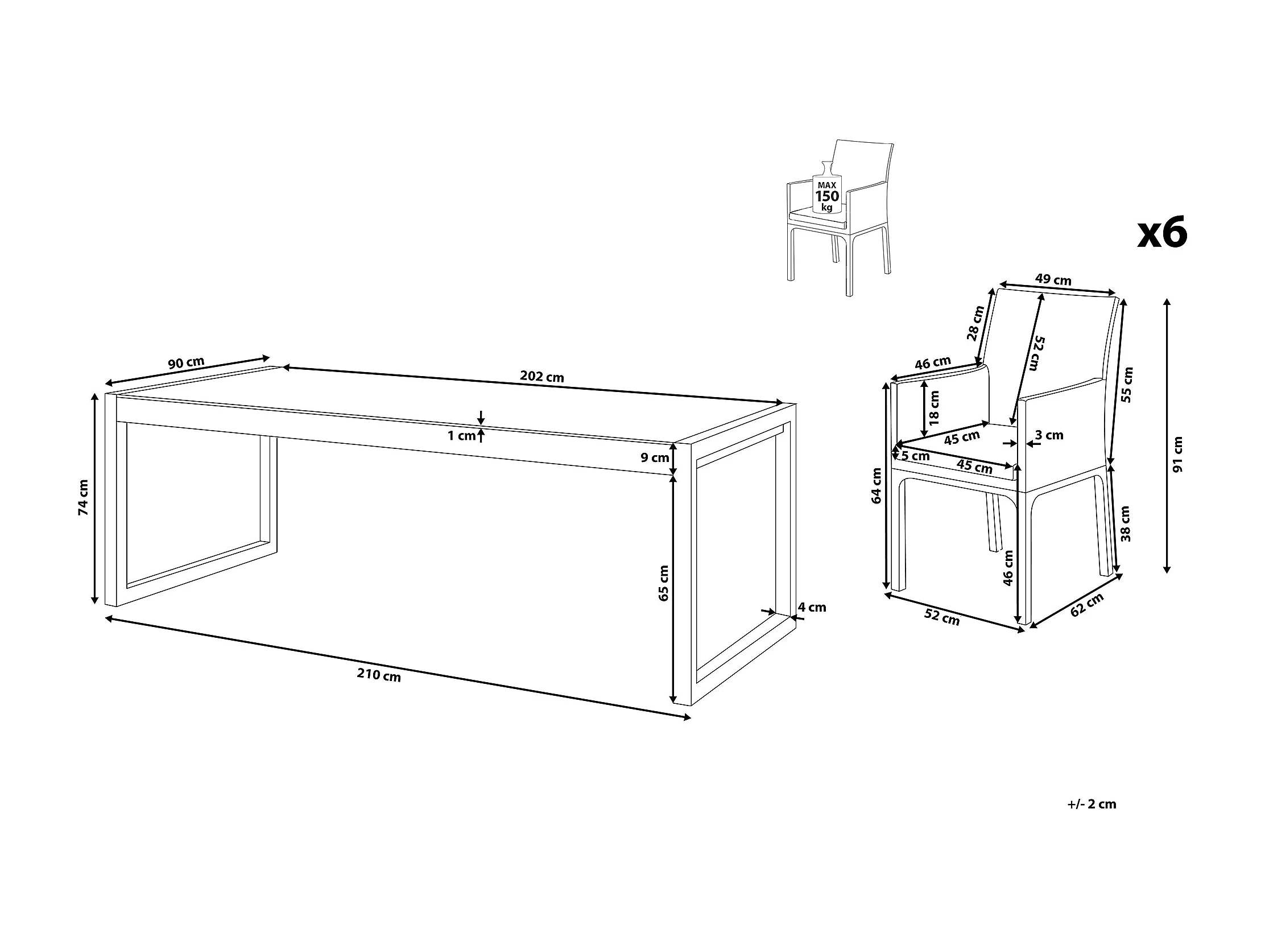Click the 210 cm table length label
pyautogui.click(x=379, y=675)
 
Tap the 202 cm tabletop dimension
pyautogui.click(x=541, y=377)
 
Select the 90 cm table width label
pyautogui.click(x=186, y=362)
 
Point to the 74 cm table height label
pyautogui.click(x=84, y=498)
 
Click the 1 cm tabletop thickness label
pyautogui.click(x=461, y=436)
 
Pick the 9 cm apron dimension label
pyautogui.click(x=655, y=457)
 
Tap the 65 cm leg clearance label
pyautogui.click(x=663, y=583)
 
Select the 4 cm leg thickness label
pyautogui.click(x=812, y=607)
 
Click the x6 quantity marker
pyautogui.click(x=1162, y=233)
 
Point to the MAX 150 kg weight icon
pyautogui.click(x=827, y=188)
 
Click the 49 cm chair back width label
pyautogui.click(x=1053, y=280)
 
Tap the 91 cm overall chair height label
pyautogui.click(x=1177, y=454)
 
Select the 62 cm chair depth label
pyautogui.click(x=1086, y=605)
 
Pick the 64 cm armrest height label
pyautogui.click(x=876, y=486)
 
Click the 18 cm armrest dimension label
pyautogui.click(x=935, y=408)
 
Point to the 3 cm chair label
pyautogui.click(x=1049, y=435)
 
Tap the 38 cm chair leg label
pyautogui.click(x=1125, y=523)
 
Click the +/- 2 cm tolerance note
pyautogui.click(x=1092, y=804)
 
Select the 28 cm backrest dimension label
pyautogui.click(x=975, y=323)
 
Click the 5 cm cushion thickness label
pyautogui.click(x=916, y=456)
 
